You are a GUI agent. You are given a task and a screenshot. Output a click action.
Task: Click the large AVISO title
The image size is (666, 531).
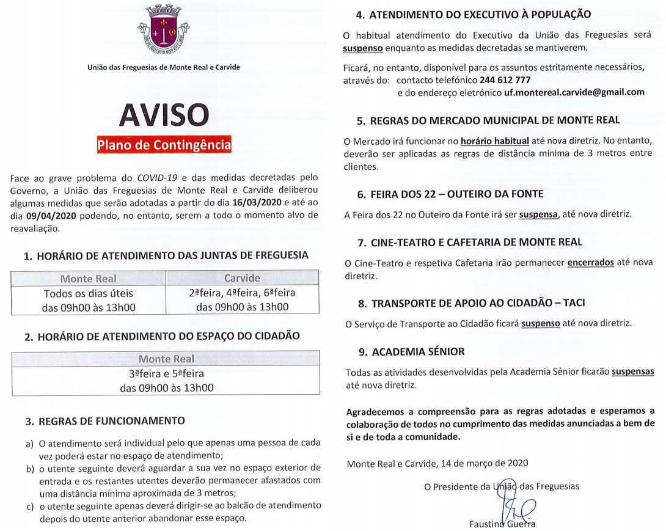[x=164, y=115]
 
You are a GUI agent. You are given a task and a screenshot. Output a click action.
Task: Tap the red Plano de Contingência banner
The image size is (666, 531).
[x=164, y=145]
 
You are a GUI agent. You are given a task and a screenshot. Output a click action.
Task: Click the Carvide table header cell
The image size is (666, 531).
[x=242, y=279]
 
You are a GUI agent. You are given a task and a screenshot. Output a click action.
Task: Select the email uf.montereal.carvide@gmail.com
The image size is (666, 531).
[x=574, y=92]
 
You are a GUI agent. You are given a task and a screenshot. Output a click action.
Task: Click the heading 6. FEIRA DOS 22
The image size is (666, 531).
[x=450, y=194]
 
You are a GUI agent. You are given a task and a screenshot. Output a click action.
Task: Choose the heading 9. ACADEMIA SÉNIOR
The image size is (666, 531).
[x=411, y=351]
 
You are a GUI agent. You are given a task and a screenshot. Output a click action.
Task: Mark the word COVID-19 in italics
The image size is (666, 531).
[x=157, y=178]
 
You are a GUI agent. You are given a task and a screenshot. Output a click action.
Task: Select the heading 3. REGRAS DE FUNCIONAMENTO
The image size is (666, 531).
[x=104, y=421]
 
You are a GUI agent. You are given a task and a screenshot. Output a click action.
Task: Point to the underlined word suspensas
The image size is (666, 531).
[x=633, y=372]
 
